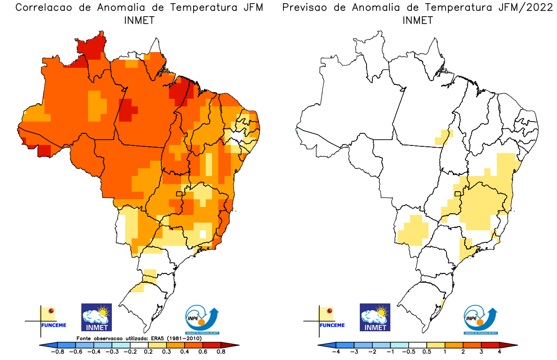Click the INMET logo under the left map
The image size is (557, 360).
click(x=96, y=317)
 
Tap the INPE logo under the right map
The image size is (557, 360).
click(x=481, y=319)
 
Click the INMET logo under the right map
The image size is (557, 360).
click(x=375, y=317)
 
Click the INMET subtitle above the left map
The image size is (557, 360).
click(x=139, y=20)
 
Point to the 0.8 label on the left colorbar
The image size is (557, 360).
click(x=220, y=351)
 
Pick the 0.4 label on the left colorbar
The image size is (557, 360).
click(x=184, y=351)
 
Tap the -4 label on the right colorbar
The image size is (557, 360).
click(x=335, y=351)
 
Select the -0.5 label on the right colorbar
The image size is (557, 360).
click(x=408, y=351)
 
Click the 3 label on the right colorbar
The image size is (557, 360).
click(x=481, y=351)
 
